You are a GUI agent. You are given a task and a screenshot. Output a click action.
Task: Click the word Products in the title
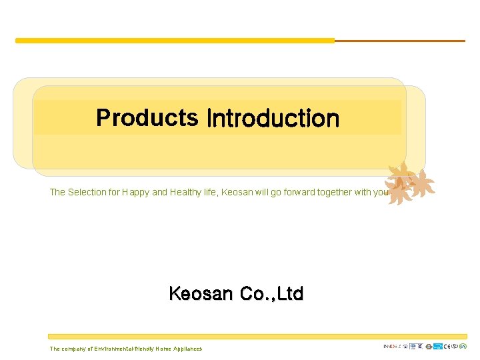(147, 118)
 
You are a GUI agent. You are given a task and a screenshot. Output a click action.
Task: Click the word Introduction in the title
(273, 119)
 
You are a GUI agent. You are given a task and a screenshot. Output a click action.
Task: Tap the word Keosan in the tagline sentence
(237, 192)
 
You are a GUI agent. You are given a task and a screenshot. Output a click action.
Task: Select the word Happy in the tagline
(137, 192)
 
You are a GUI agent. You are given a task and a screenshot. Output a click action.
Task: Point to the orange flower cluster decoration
(408, 183)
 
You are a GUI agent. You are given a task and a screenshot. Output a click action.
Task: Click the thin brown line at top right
(400, 41)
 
